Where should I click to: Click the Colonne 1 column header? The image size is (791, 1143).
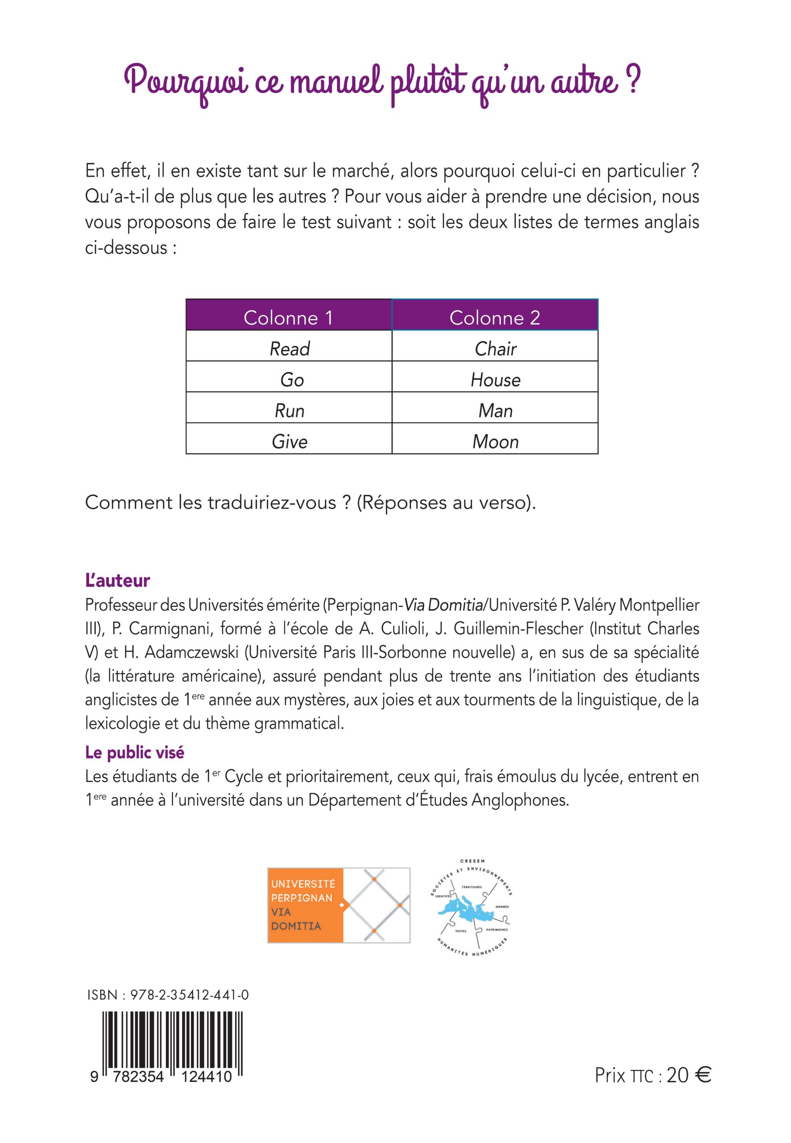point(289,317)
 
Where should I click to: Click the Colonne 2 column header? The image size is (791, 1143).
point(495,317)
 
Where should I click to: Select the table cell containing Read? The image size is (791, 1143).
point(290,349)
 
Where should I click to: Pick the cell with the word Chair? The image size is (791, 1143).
point(495,349)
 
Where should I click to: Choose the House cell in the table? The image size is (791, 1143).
point(495,380)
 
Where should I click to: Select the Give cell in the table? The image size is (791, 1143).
point(290,441)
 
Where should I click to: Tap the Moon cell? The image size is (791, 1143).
point(495,441)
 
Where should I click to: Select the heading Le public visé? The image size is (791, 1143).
point(135,753)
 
